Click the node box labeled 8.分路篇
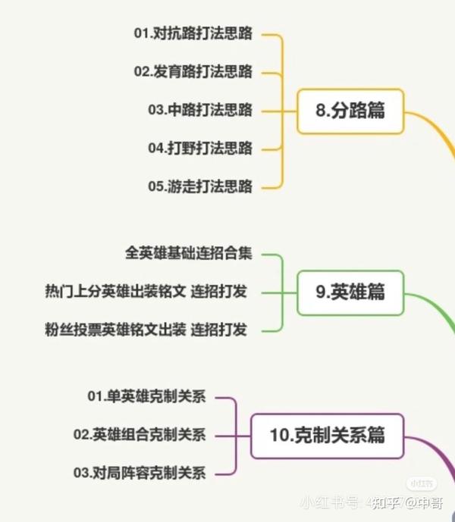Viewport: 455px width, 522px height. [350, 111]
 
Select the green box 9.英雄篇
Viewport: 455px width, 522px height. [350, 293]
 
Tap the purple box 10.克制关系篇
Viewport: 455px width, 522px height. [327, 436]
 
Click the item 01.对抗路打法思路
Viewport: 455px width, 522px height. [193, 33]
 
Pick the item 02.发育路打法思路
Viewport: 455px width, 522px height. [193, 71]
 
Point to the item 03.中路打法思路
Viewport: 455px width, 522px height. [200, 110]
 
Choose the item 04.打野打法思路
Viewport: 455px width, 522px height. [200, 148]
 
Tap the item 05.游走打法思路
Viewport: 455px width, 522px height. [200, 186]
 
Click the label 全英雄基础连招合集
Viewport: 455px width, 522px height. [189, 253]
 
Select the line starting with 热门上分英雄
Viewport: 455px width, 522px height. [146, 292]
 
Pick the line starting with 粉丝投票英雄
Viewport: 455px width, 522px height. [146, 330]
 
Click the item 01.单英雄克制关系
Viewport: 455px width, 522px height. [146, 396]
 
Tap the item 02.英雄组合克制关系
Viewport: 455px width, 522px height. [140, 434]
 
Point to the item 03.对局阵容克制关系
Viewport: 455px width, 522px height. [140, 473]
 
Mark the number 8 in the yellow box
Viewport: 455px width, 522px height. [320, 110]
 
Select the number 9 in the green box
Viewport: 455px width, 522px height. [320, 292]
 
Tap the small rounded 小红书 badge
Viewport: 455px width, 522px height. [422, 483]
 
